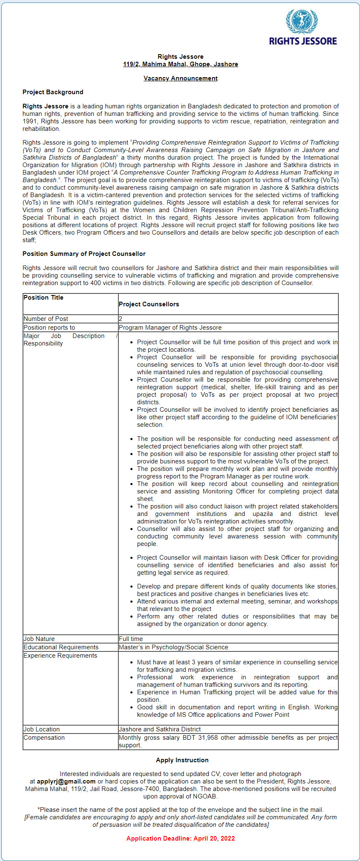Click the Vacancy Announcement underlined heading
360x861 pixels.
pyautogui.click(x=180, y=78)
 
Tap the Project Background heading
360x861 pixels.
pyautogui.click(x=53, y=92)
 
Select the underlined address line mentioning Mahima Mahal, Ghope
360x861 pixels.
pyautogui.click(x=180, y=64)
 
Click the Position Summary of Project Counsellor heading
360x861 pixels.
pyautogui.click(x=84, y=254)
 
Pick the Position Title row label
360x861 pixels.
pyautogui.click(x=44, y=298)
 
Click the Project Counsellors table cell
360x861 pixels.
pyautogui.click(x=149, y=304)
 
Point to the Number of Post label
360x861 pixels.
pyautogui.click(x=46, y=319)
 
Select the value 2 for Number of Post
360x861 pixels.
pyautogui.click(x=120, y=319)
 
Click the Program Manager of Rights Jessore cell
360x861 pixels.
pyautogui.click(x=170, y=328)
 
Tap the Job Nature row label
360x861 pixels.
pyautogui.click(x=39, y=639)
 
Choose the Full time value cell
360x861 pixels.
pyautogui.click(x=131, y=639)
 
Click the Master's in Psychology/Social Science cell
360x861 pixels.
pyautogui.click(x=173, y=647)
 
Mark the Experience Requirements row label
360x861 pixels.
pyautogui.click(x=60, y=656)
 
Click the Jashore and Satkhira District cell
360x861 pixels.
pyautogui.click(x=160, y=729)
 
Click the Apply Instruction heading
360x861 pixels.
pyautogui.click(x=182, y=760)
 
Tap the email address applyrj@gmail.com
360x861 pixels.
pyautogui.click(x=66, y=781)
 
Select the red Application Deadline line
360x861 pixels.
pyautogui.click(x=180, y=838)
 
